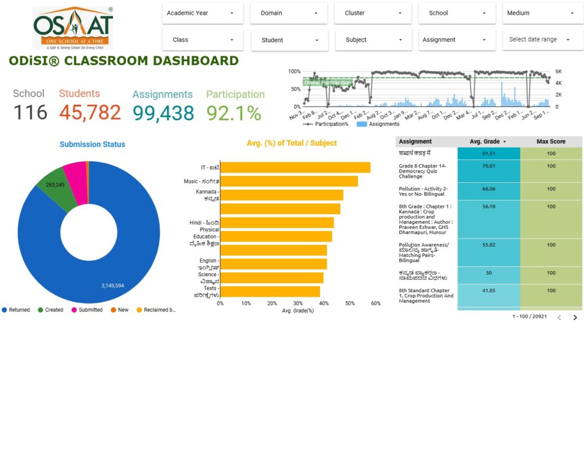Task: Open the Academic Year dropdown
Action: pos(202,13)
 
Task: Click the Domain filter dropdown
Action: pos(289,13)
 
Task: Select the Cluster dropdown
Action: pos(373,13)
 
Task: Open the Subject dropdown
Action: pos(373,40)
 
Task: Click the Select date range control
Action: pos(540,40)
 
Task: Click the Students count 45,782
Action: pos(90,112)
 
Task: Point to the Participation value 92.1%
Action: pos(234,113)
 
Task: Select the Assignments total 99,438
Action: pos(164,113)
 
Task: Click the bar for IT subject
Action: pos(295,167)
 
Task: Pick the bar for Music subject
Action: pos(289,181)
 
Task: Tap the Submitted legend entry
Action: pos(87,310)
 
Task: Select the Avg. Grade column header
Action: pos(488,141)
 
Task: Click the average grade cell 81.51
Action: pos(488,153)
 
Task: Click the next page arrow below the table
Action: pos(575,317)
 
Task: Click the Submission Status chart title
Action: pos(92,144)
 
